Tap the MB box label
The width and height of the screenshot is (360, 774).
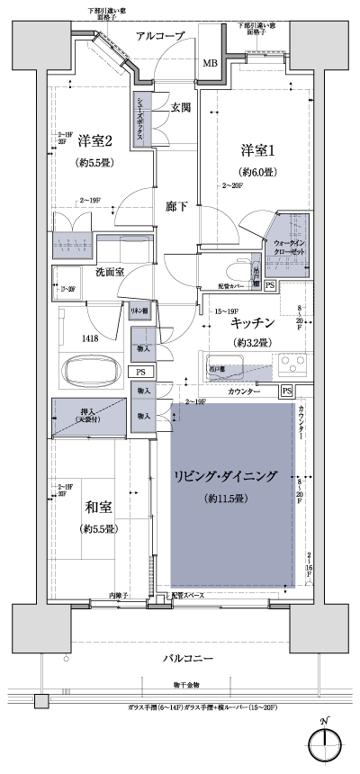point(209,64)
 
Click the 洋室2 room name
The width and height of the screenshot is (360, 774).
point(95,140)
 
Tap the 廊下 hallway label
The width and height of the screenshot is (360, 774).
point(177,206)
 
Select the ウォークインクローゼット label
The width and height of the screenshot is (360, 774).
point(289,248)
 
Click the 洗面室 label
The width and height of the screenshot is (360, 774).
point(109,271)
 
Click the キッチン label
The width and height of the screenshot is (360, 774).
point(252,321)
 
